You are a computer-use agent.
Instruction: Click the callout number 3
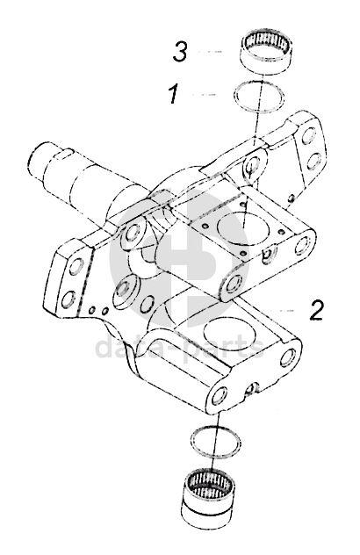pos(180,52)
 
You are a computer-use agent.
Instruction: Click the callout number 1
pos(174,94)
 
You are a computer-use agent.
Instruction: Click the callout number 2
pos(316,310)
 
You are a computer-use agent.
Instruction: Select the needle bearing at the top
pos(265,53)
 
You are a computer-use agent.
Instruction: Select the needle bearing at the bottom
pos(210,495)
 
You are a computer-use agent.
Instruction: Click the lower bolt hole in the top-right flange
pos(313,162)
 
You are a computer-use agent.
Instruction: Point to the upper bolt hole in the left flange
pos(76,267)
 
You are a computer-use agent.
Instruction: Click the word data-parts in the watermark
pos(179,346)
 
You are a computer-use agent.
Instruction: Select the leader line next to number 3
pos(210,52)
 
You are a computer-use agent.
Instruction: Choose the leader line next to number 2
pos(282,310)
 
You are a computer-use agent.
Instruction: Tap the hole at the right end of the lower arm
pos(288,357)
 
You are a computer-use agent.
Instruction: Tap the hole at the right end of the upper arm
pos(302,247)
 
